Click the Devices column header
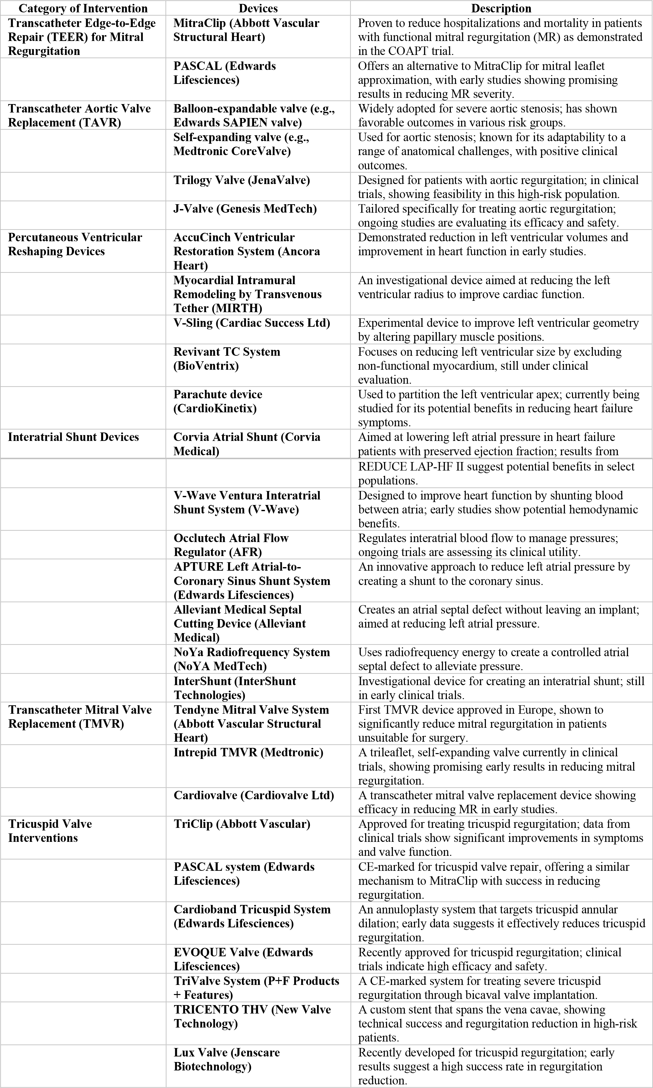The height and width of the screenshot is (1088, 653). tap(258, 8)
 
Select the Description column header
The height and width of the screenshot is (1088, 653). tap(501, 8)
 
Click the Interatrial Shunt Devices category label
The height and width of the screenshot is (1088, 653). tap(73, 437)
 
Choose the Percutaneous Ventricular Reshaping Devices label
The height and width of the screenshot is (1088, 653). tap(75, 244)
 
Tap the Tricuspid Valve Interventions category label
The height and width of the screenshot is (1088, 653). tap(50, 830)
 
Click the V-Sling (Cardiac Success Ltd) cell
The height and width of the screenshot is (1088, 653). tap(252, 323)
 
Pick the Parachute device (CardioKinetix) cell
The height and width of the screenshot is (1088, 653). tap(218, 401)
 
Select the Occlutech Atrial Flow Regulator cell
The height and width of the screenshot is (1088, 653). tap(231, 545)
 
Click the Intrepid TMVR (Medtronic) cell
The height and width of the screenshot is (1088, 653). tap(248, 752)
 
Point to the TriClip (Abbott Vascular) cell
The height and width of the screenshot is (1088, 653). tap(242, 824)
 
